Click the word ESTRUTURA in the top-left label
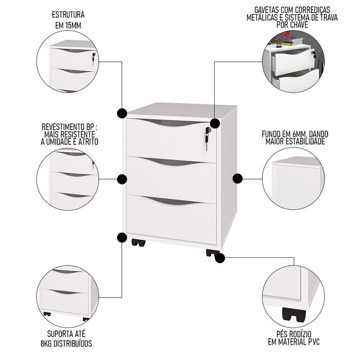[68, 15]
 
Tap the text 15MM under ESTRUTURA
[73, 26]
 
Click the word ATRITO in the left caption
[88, 142]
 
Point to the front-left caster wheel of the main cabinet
[139, 243]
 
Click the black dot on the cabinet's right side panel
[238, 179]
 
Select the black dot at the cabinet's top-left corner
[122, 113]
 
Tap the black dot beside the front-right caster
[220, 258]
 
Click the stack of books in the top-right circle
[287, 41]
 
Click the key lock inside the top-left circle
[94, 58]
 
